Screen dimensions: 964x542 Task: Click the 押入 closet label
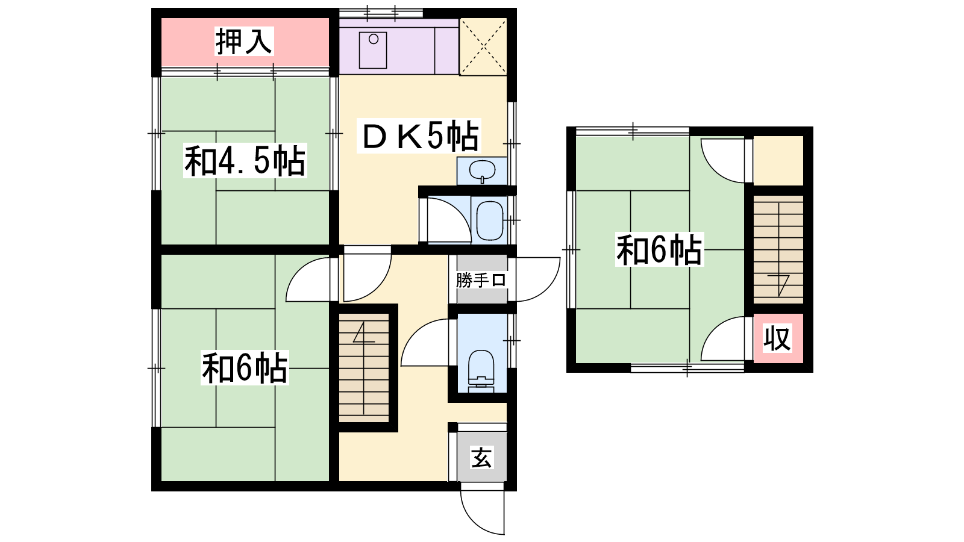[244, 42]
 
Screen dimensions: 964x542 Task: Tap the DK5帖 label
[419, 135]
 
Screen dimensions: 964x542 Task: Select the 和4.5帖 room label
[245, 160]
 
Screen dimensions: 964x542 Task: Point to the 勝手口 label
[481, 281]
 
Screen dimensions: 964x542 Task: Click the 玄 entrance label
[481, 457]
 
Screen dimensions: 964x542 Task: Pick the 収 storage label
[777, 338]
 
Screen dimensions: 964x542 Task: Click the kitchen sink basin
[373, 50]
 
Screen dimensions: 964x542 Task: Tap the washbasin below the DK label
[482, 171]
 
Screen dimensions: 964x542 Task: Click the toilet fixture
[481, 370]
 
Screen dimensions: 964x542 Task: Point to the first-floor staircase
[364, 367]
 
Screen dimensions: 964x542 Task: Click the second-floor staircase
[778, 249]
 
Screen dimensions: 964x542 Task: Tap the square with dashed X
[483, 46]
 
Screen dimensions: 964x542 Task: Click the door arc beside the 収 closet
[712, 331]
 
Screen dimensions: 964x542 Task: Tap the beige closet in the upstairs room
[778, 160]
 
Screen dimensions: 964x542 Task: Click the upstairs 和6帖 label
[659, 249]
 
